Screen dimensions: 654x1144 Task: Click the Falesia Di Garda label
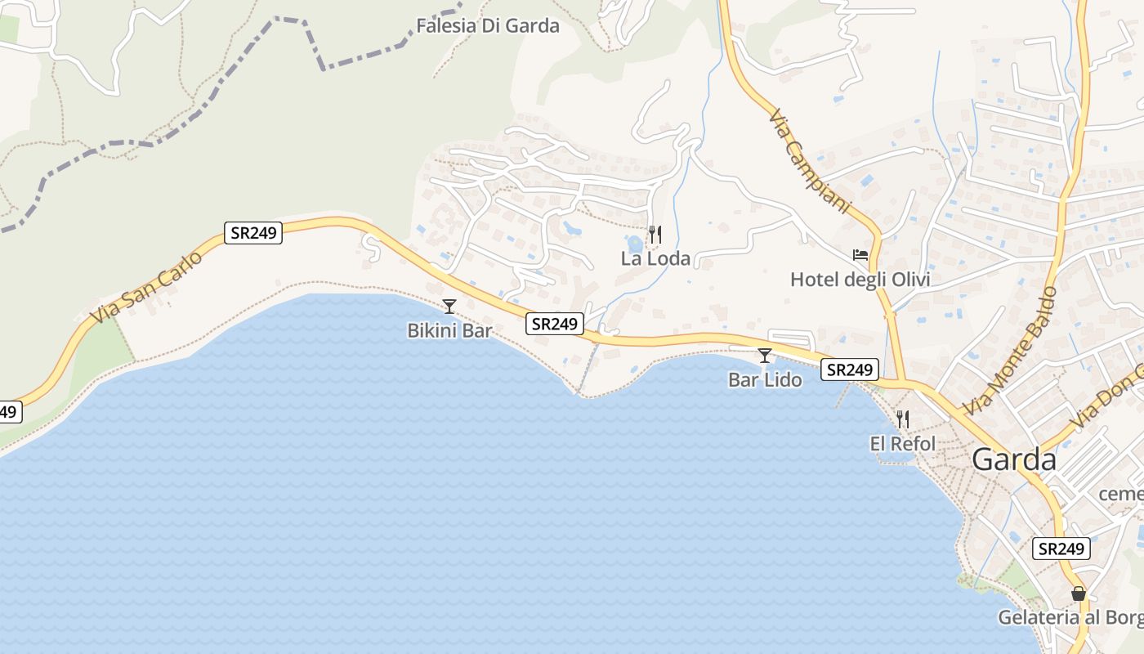pos(488,25)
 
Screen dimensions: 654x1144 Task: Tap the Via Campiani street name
pos(810,162)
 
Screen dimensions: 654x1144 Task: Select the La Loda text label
pos(655,259)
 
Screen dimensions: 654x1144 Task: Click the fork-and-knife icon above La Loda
pos(655,235)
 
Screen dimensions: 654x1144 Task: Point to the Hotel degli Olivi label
pos(860,280)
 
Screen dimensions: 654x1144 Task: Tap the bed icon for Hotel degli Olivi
pos(860,255)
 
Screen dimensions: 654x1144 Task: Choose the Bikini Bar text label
pos(449,331)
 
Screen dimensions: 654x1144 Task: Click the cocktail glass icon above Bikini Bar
pos(449,307)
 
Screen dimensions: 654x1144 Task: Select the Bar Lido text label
pos(765,380)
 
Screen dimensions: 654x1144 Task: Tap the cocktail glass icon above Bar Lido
pos(765,356)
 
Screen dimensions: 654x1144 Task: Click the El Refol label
pos(902,444)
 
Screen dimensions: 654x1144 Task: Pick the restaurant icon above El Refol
pos(902,419)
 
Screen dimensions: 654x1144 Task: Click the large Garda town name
pos(1013,459)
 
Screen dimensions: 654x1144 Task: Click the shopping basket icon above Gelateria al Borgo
pos(1079,594)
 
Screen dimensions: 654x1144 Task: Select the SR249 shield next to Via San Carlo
pos(253,233)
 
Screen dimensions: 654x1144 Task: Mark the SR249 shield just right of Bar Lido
pos(850,370)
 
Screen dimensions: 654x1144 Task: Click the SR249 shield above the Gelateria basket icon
pos(1061,549)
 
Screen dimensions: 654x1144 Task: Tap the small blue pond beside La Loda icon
pos(635,244)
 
